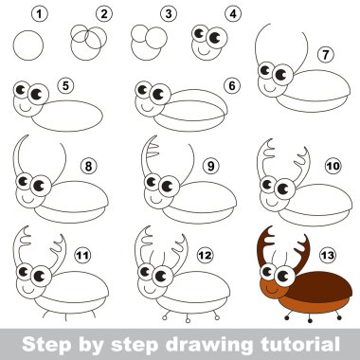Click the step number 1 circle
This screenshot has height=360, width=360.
point(40,14)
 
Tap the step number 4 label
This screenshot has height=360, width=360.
point(233,14)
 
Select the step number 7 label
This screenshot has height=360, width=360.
point(325,55)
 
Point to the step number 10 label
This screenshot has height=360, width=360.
point(333,166)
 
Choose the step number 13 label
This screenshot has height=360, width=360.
point(328,255)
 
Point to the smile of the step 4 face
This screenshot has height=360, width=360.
point(204,51)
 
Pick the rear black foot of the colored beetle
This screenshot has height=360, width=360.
point(339,317)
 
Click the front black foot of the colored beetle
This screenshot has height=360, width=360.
point(287,317)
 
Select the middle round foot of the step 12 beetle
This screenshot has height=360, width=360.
point(188,320)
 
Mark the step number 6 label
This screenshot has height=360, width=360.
point(232,85)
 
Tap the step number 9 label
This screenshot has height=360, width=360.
point(210,166)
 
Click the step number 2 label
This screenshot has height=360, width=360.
point(104,14)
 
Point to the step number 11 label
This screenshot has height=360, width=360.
point(82,255)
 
